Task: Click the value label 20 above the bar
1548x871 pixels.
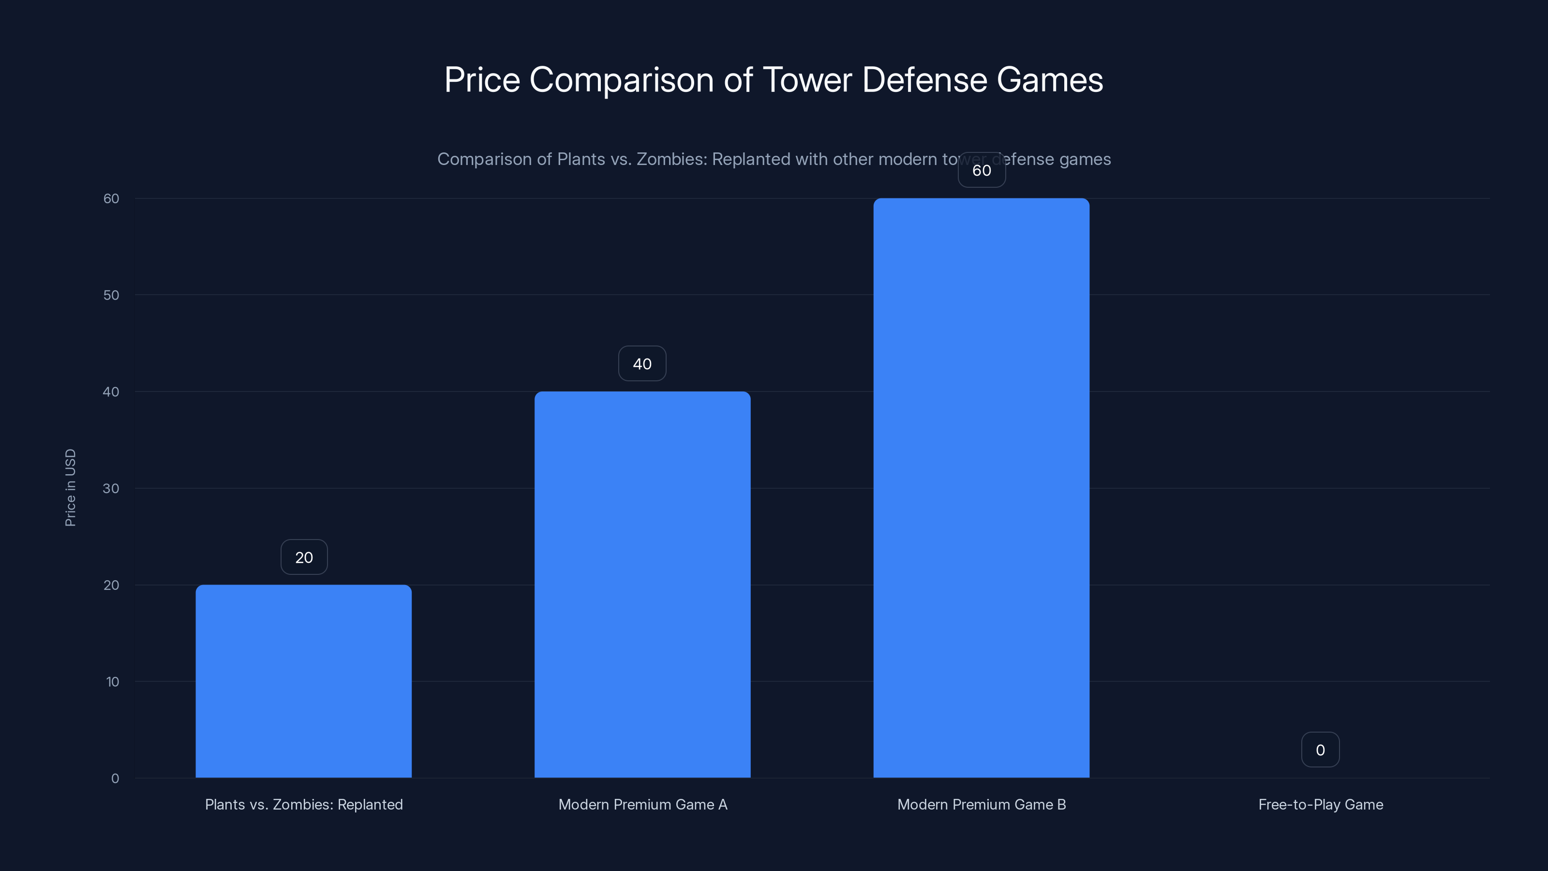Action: click(x=304, y=557)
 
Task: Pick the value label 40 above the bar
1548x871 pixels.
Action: click(x=642, y=364)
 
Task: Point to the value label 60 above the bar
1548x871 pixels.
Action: click(x=982, y=171)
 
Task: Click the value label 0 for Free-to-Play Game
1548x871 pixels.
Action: click(x=1320, y=750)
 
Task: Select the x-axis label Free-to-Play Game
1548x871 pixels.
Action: click(x=1320, y=804)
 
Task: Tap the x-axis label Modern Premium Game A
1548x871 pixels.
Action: click(x=642, y=804)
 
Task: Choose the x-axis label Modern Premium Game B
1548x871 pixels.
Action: click(x=982, y=804)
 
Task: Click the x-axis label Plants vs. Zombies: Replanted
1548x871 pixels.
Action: click(x=303, y=804)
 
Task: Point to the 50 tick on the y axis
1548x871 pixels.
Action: click(x=111, y=295)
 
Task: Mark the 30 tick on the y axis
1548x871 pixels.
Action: click(x=111, y=489)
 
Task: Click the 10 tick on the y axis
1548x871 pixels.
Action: click(x=112, y=682)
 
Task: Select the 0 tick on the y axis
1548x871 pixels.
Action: click(x=115, y=779)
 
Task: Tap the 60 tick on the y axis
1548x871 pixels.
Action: click(x=111, y=198)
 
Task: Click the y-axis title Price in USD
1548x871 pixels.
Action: click(x=70, y=487)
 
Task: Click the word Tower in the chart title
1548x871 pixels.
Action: click(x=807, y=80)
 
